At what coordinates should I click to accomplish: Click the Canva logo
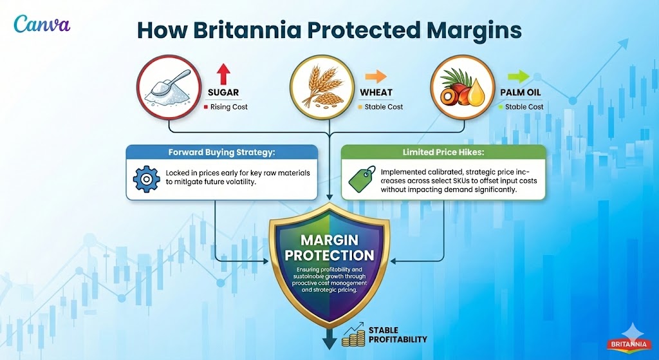[x=42, y=24]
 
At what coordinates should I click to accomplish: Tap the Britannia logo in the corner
[x=629, y=344]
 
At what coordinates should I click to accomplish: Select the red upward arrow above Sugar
[x=223, y=74]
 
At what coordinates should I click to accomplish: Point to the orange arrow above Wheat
[x=376, y=77]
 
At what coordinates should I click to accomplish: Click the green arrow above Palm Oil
[x=519, y=77]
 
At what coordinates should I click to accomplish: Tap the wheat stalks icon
[x=322, y=88]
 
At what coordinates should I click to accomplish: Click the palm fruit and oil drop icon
[x=462, y=88]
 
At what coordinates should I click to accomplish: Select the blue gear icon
[x=146, y=179]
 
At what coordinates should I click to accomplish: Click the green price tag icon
[x=362, y=179]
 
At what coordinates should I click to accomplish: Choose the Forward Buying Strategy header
[x=222, y=152]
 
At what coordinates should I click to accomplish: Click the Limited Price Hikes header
[x=444, y=152]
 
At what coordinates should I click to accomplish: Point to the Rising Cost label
[x=228, y=107]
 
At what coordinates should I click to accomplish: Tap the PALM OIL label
[x=520, y=93]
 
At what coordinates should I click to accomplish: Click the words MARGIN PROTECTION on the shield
[x=330, y=248]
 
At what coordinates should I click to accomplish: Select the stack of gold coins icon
[x=353, y=335]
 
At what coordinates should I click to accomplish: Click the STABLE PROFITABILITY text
[x=398, y=335]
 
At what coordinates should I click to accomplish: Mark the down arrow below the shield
[x=330, y=339]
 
